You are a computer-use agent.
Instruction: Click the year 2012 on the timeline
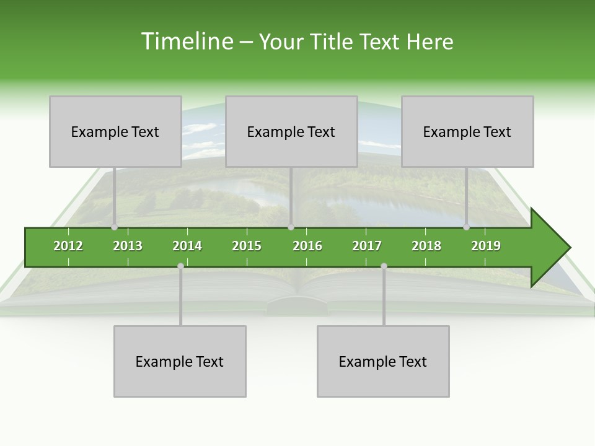(x=68, y=246)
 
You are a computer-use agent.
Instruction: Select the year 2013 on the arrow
(x=128, y=246)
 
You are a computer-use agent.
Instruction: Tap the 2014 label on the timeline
(x=187, y=246)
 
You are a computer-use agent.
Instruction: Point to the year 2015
(x=247, y=246)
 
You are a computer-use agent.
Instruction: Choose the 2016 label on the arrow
(x=307, y=246)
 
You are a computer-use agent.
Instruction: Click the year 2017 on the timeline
(x=367, y=246)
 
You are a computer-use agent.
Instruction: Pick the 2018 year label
(x=426, y=246)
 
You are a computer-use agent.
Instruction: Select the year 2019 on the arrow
(x=486, y=246)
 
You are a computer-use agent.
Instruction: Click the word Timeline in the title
(x=187, y=42)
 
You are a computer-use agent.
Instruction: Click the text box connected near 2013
(x=115, y=131)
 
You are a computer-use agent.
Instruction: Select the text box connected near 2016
(x=291, y=131)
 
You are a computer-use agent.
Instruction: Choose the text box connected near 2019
(x=467, y=131)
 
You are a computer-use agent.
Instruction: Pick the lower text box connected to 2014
(x=180, y=361)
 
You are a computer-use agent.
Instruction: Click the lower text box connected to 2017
(x=383, y=361)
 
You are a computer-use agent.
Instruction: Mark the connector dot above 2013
(x=115, y=227)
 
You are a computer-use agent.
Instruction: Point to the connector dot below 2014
(x=180, y=266)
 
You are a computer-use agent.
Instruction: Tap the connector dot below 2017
(x=384, y=266)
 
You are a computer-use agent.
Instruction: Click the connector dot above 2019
(x=466, y=227)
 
